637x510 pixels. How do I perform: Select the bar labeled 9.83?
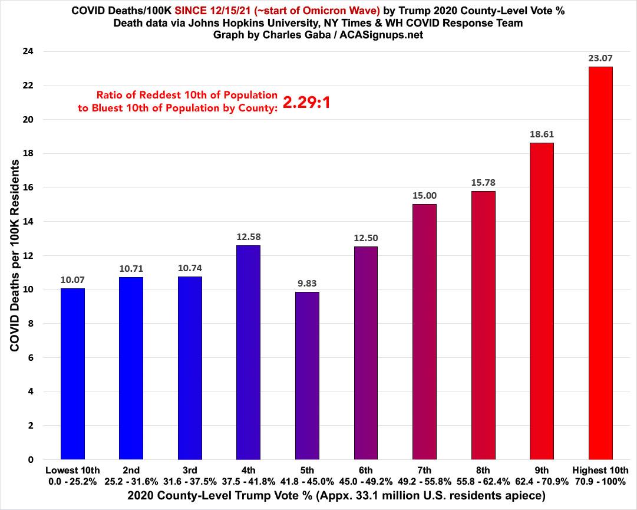coord(307,376)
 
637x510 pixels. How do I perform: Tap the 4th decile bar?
coord(248,352)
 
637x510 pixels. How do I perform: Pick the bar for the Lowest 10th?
coord(72,374)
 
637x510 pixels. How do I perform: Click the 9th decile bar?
coord(542,301)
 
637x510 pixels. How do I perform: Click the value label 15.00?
coord(424,196)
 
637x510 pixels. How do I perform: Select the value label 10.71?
coord(131,269)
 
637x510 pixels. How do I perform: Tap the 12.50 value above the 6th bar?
coord(366,238)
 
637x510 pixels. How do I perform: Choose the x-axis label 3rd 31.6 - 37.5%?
coord(190,475)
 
